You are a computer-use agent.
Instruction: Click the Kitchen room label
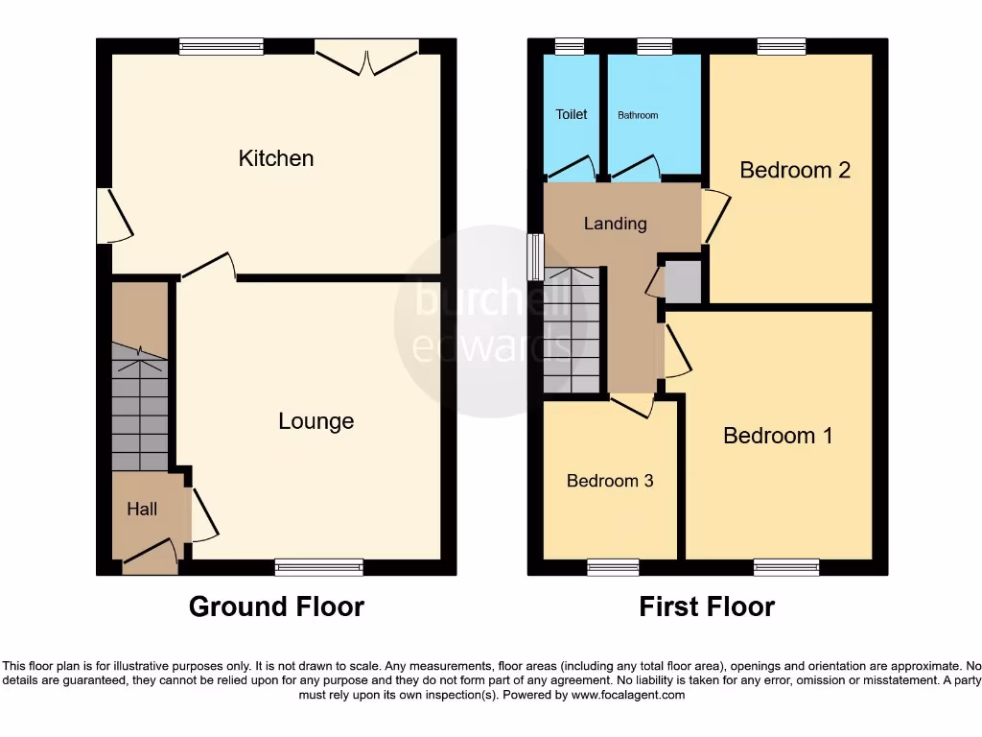coord(276,158)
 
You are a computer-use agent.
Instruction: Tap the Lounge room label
coord(316,421)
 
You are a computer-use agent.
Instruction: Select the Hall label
coord(142,510)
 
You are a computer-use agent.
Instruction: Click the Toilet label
coord(572,114)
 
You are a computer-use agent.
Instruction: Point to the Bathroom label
coord(638,115)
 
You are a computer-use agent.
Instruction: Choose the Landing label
coord(615,224)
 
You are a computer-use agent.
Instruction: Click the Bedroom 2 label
coord(795,170)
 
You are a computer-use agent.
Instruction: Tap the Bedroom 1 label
coord(778,436)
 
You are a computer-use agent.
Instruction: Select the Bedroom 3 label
coord(610,481)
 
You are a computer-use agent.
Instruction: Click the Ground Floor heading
coord(276,606)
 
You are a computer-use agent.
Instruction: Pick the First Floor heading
coord(707,606)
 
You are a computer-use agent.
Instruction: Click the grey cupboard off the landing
coord(683,281)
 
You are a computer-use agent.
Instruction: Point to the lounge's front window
coord(319,567)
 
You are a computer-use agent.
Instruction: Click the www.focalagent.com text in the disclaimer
coord(628,695)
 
